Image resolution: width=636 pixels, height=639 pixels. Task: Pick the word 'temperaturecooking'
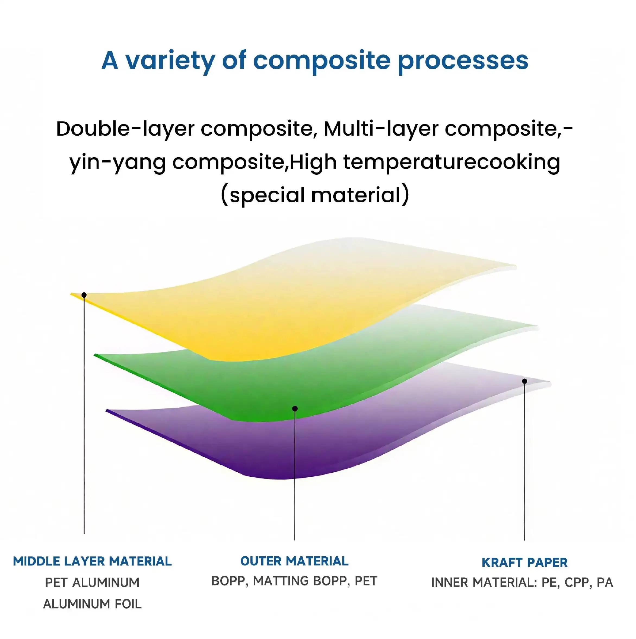452,163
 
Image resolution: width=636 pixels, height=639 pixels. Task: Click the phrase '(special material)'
315,195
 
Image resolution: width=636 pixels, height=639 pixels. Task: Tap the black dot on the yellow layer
84,295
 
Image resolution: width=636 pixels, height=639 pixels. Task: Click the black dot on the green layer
295,409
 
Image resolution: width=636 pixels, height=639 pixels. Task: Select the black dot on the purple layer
524,381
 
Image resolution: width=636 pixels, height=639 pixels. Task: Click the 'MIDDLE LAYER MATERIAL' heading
92,561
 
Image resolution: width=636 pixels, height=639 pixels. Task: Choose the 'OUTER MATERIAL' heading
294,561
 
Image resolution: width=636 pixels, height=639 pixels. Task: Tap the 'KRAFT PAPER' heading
524,562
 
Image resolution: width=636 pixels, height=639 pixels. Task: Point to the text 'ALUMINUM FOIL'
92,604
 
